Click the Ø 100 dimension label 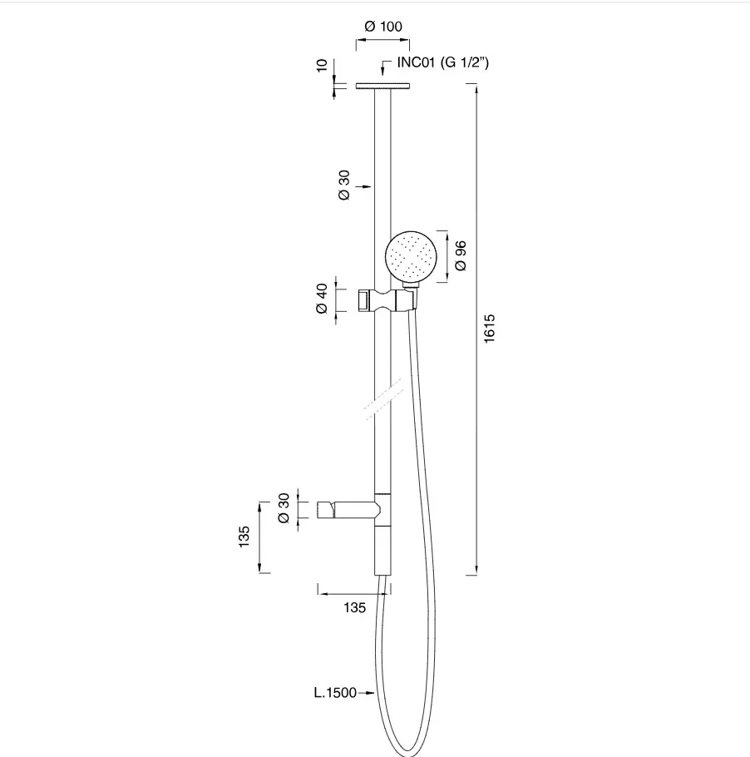383,26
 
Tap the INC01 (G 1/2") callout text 442,62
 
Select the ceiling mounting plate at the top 382,86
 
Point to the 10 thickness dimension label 322,65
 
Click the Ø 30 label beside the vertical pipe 344,185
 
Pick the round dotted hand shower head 412,256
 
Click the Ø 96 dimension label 461,255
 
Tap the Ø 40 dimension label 322,299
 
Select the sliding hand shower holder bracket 388,299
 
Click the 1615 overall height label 490,329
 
